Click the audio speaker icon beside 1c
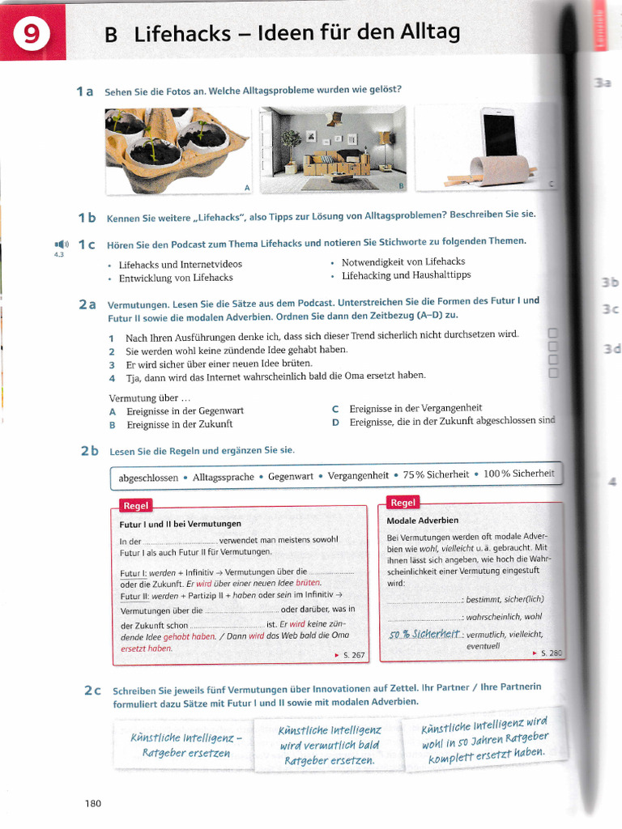tap(61, 243)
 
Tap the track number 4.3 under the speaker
tap(58, 256)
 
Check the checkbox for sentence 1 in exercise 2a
tap(553, 334)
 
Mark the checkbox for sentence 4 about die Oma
tap(553, 373)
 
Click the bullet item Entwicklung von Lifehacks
tap(176, 278)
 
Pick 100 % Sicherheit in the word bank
tap(518, 474)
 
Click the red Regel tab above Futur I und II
tap(135, 506)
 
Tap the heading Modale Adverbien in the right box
tap(423, 520)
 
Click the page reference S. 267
tap(354, 654)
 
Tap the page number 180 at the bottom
tap(93, 803)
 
